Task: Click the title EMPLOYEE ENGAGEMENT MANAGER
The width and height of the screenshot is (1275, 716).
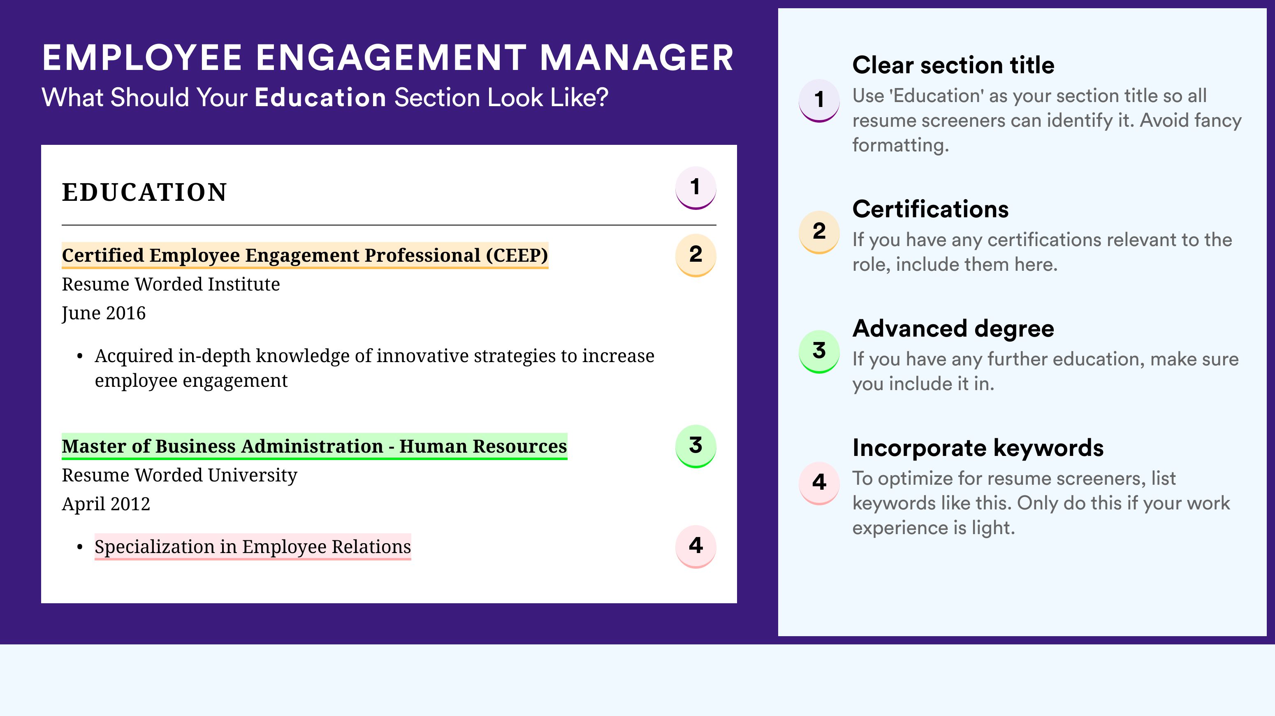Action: [387, 58]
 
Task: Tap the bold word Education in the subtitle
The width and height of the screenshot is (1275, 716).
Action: [320, 97]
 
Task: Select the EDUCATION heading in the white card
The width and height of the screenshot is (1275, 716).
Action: [144, 192]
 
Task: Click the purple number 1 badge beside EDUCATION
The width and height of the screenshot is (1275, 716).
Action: [695, 188]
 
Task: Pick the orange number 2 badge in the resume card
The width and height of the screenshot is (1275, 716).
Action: [695, 255]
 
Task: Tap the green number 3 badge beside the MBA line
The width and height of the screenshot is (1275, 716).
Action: [695, 446]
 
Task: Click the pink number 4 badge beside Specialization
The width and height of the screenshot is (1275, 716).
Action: [695, 546]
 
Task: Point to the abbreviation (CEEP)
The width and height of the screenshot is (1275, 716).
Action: [517, 256]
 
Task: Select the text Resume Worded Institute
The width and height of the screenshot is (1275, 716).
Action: [171, 284]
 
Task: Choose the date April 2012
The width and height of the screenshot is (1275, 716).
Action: [106, 504]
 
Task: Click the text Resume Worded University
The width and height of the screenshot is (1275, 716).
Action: [179, 475]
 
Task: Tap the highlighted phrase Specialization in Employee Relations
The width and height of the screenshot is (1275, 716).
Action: [253, 546]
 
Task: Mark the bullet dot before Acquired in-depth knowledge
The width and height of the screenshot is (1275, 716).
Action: [80, 356]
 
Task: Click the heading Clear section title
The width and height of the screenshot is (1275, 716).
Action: [953, 65]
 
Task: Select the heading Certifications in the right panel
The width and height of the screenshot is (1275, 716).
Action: [930, 209]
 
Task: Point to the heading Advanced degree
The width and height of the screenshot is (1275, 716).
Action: [953, 329]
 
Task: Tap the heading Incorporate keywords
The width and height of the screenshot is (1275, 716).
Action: [978, 448]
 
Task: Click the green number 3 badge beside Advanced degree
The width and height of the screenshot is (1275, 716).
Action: [819, 351]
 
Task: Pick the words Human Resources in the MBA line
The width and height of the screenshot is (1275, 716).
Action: [483, 446]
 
